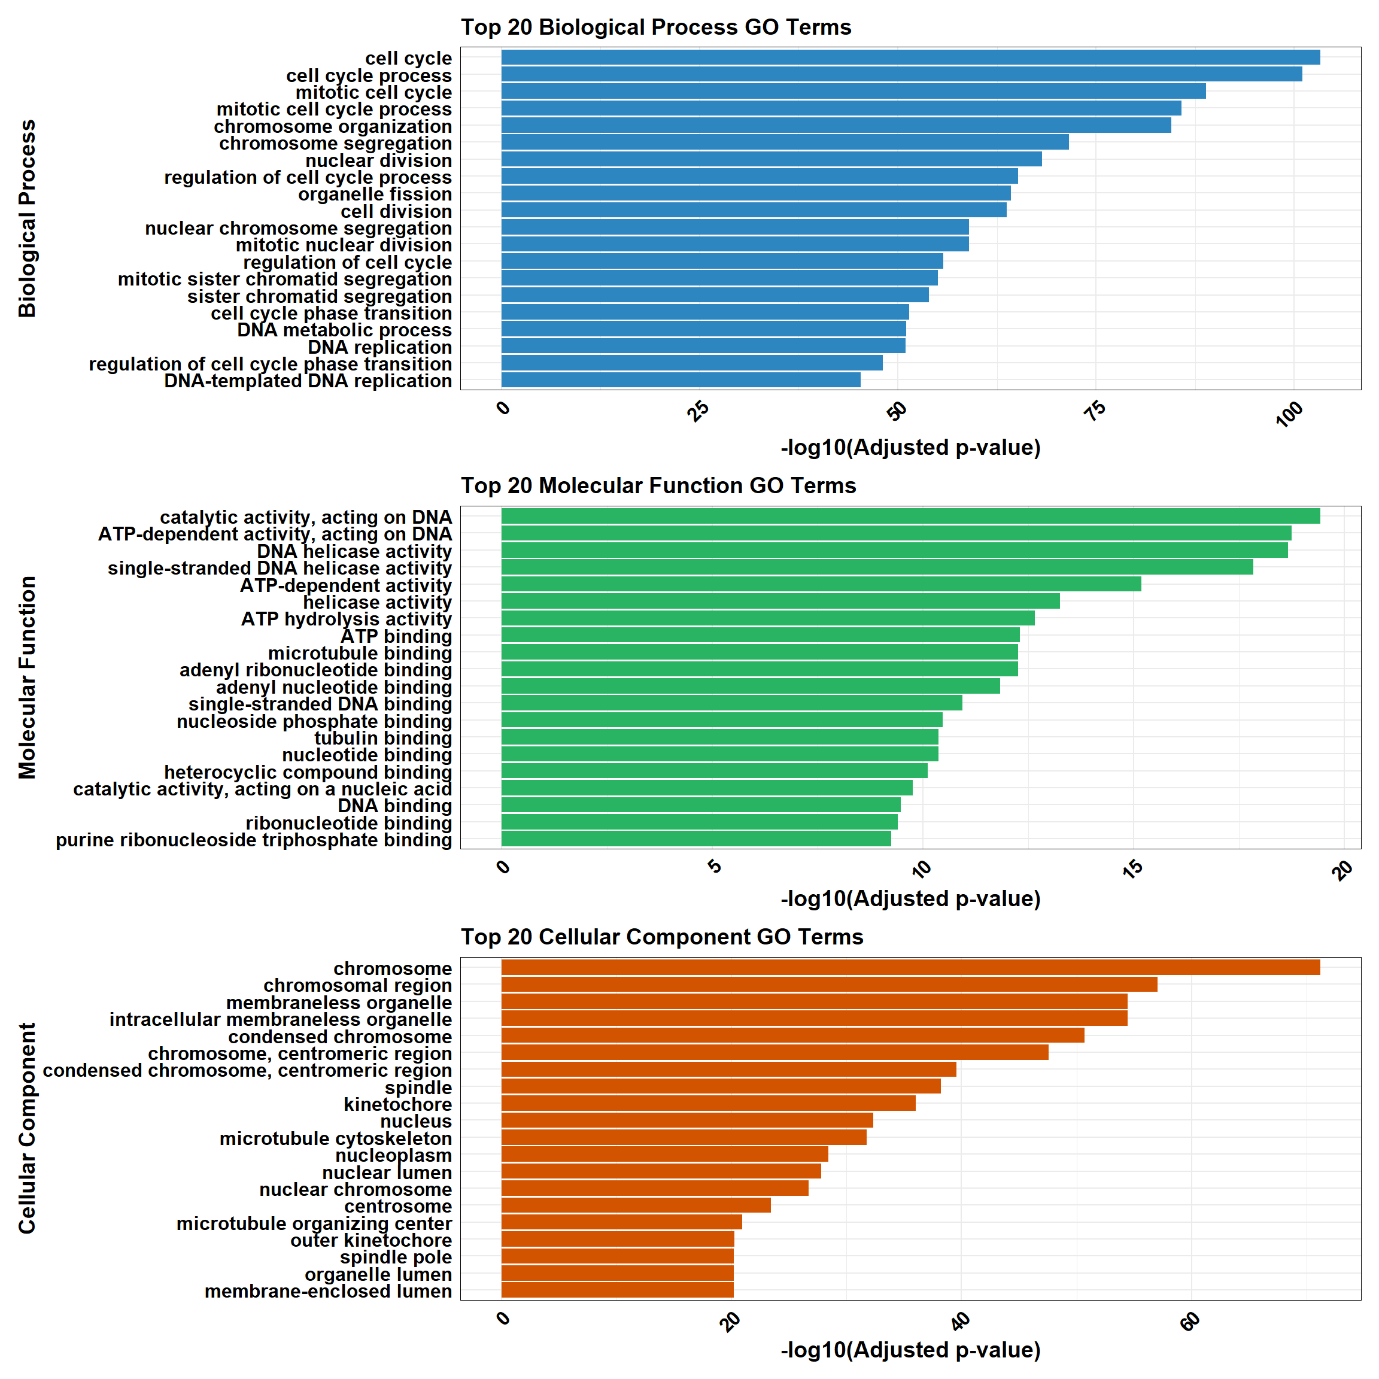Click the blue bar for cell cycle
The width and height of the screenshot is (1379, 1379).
coord(910,57)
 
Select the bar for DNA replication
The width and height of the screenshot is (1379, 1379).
coord(703,346)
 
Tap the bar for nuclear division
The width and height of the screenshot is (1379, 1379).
coord(771,159)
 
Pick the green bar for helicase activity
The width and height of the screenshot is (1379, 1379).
coord(780,601)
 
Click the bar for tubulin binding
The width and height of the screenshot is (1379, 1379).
coord(719,737)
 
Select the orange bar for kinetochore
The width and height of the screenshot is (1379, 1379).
coord(708,1104)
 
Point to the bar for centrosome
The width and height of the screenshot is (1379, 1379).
coord(635,1205)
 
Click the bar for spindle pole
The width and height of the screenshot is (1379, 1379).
coord(618,1256)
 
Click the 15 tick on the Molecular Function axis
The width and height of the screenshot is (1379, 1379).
coord(1133,868)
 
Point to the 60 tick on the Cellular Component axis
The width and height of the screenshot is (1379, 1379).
coord(1190,1322)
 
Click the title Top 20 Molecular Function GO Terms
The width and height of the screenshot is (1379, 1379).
coord(658,485)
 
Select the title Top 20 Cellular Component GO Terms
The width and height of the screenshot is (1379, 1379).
coord(661,937)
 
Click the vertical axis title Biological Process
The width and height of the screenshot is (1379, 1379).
coord(27,218)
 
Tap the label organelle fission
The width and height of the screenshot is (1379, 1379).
coord(375,194)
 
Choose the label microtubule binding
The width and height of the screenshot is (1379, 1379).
coord(360,653)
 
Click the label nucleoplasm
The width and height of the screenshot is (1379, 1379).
coord(393,1155)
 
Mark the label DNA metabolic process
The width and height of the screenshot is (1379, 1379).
coord(344,330)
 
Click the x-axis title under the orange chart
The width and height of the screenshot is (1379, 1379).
coord(910,1350)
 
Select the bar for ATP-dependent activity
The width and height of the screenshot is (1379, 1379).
coord(821,584)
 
